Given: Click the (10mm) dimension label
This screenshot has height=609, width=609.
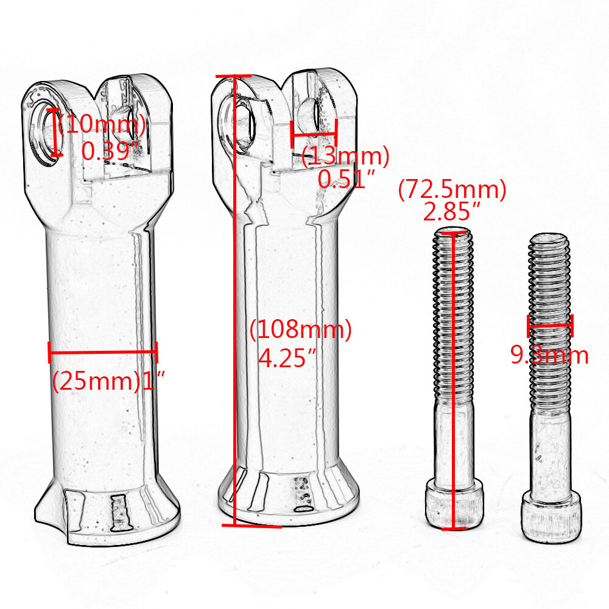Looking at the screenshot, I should [x=102, y=125].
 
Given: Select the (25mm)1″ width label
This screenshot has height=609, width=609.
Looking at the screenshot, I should [x=108, y=381].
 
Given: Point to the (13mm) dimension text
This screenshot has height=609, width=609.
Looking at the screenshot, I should [x=345, y=157].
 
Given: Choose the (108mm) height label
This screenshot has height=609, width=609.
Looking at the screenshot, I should [x=301, y=329].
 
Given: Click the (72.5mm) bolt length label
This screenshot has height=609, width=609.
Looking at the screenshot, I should [x=452, y=189].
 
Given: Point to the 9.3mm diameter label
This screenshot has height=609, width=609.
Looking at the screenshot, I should [x=549, y=355].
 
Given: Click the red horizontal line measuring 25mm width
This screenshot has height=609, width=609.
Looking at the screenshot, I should [x=102, y=351].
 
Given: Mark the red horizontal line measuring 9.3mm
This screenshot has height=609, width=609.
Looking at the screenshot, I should [x=550, y=326].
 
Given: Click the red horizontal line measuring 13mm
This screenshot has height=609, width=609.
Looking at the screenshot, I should [x=314, y=135].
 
